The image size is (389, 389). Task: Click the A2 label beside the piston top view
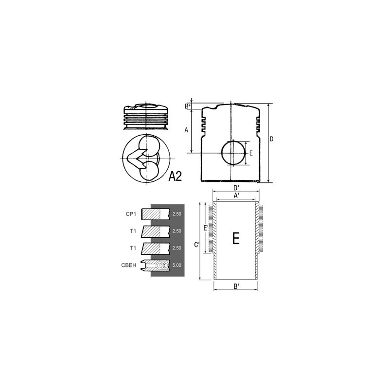(175, 176)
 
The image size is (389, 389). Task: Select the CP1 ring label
(131, 214)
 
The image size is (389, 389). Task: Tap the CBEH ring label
(129, 265)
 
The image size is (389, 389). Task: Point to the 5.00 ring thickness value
(177, 265)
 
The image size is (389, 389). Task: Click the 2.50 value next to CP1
(177, 214)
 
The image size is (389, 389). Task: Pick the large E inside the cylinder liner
(236, 238)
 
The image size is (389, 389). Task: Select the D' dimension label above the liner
(236, 188)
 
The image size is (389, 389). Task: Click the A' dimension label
(236, 195)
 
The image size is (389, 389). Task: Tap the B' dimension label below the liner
(236, 286)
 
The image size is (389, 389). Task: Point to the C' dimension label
(197, 245)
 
